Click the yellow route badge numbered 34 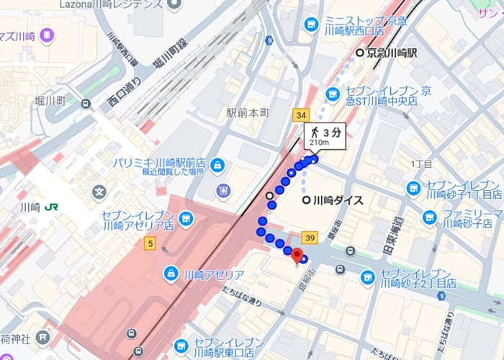(x=301, y=115)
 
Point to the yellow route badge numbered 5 (x=149, y=243)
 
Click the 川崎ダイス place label (x=336, y=200)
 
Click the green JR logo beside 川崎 (x=51, y=207)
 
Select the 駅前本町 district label (x=247, y=113)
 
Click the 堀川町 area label (x=50, y=101)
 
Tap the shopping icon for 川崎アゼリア (x=171, y=274)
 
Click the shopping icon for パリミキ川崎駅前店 (x=217, y=166)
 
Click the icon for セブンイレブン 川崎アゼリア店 (x=186, y=217)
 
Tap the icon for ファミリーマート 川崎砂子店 (x=430, y=217)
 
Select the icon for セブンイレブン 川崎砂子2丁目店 (x=368, y=277)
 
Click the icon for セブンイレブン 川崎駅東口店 (x=181, y=346)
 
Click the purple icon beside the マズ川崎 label (x=47, y=34)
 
